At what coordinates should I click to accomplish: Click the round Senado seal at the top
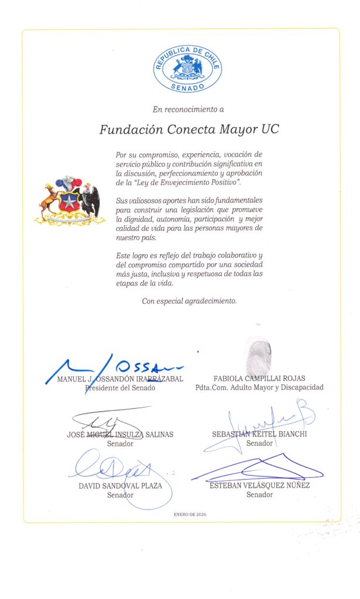point(187,69)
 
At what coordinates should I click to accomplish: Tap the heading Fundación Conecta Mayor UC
point(189,129)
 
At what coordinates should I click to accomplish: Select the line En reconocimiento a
point(188,109)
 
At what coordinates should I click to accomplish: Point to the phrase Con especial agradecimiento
point(189,301)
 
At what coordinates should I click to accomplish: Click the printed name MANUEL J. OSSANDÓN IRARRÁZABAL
point(120,378)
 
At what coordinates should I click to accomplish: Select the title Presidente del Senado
point(120,387)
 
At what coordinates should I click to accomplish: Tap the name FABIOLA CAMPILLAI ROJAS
point(259,378)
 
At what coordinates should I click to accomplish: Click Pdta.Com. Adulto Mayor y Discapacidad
point(259,387)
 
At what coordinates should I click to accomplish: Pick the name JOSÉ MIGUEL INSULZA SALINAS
point(120,435)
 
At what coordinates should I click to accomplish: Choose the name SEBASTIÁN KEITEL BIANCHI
point(259,435)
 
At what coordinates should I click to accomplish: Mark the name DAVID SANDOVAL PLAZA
point(120,486)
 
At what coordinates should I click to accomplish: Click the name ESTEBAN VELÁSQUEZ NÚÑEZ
point(259,486)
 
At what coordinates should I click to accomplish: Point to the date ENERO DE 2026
point(190,514)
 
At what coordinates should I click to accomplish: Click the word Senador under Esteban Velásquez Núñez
point(259,495)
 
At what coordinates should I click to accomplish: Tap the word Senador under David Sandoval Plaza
point(120,495)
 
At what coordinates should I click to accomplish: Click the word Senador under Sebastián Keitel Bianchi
point(259,443)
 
